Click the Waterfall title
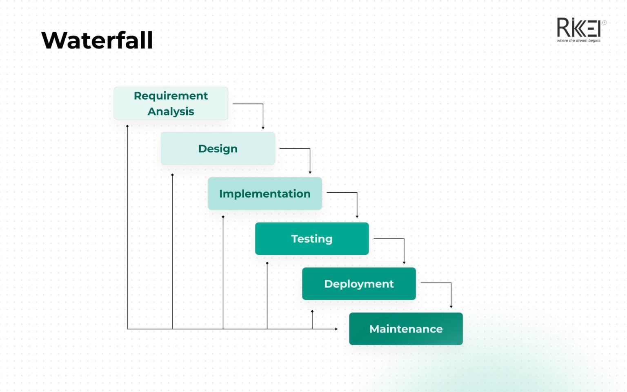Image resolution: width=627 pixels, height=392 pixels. [x=97, y=40]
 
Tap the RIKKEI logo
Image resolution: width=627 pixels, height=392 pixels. [x=579, y=28]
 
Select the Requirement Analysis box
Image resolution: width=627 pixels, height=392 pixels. [x=171, y=103]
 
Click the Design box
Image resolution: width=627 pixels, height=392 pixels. [x=218, y=149]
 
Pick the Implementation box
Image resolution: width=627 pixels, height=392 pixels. [x=265, y=194]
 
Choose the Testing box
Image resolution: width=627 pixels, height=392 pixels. [x=312, y=238]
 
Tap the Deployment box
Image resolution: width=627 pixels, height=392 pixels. [x=359, y=284]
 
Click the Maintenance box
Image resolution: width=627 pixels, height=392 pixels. [x=406, y=329]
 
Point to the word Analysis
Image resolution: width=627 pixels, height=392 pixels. [x=171, y=111]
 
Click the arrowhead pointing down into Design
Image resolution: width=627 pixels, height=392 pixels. [x=263, y=128]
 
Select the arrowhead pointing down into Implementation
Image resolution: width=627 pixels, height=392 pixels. [x=310, y=172]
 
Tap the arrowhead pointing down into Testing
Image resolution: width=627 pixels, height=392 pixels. [x=357, y=216]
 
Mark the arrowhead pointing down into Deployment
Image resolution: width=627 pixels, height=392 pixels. [x=404, y=263]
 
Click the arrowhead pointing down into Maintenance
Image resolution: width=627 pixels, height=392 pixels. [x=451, y=307]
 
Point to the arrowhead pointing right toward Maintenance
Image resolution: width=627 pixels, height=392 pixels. [x=336, y=329]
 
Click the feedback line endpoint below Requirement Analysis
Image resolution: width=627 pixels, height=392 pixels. [x=127, y=126]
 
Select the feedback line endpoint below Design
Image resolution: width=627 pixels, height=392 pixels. [x=172, y=175]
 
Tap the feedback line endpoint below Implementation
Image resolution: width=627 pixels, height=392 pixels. [x=223, y=217]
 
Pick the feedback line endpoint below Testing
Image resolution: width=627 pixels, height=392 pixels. [x=267, y=263]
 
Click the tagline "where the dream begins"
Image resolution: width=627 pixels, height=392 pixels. [x=579, y=41]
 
